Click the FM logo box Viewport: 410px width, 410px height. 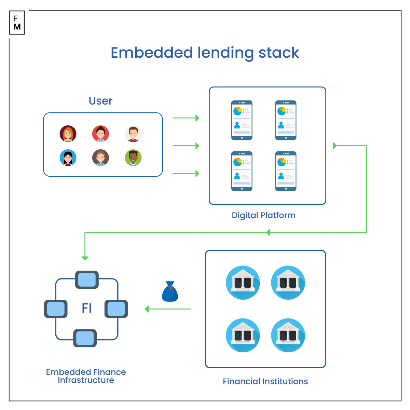17,23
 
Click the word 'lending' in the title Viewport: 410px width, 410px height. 225,53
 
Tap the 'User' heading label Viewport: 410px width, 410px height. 100,101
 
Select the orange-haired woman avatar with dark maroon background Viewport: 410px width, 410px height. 68,134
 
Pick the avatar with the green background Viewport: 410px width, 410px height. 133,158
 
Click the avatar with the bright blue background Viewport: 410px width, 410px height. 68,158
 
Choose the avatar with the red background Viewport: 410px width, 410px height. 100,134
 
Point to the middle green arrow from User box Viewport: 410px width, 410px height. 186,146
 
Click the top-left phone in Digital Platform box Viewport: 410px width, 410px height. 242,120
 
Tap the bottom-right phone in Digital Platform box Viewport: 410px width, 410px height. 286,171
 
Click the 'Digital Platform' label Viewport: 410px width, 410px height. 263,215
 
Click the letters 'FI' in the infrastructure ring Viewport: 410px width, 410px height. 87,308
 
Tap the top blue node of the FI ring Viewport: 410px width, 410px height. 87,280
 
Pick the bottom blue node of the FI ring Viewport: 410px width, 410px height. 85,338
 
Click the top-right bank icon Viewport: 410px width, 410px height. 288,283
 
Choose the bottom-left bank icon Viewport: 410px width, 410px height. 243,335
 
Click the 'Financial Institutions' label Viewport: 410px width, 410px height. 265,381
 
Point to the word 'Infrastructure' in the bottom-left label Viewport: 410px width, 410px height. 86,380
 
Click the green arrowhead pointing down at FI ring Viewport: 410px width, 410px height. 85,258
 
